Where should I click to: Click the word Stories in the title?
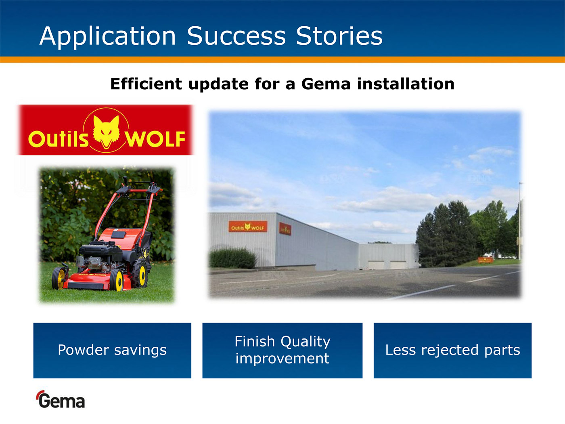(x=339, y=36)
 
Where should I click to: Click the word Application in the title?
(x=108, y=37)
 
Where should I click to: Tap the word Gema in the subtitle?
(x=326, y=84)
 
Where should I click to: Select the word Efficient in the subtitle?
(x=146, y=84)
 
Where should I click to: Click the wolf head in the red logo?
(x=106, y=132)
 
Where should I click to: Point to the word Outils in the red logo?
(x=59, y=139)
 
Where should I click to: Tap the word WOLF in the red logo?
(x=155, y=139)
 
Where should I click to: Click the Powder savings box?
(x=112, y=351)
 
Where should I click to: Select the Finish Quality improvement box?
(x=282, y=351)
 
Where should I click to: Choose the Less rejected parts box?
(x=452, y=351)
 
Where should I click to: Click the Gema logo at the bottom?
(x=61, y=399)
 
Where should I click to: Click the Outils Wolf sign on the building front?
(x=248, y=227)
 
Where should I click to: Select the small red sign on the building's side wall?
(x=285, y=229)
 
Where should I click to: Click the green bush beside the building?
(x=232, y=258)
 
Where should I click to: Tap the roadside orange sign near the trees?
(x=485, y=260)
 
